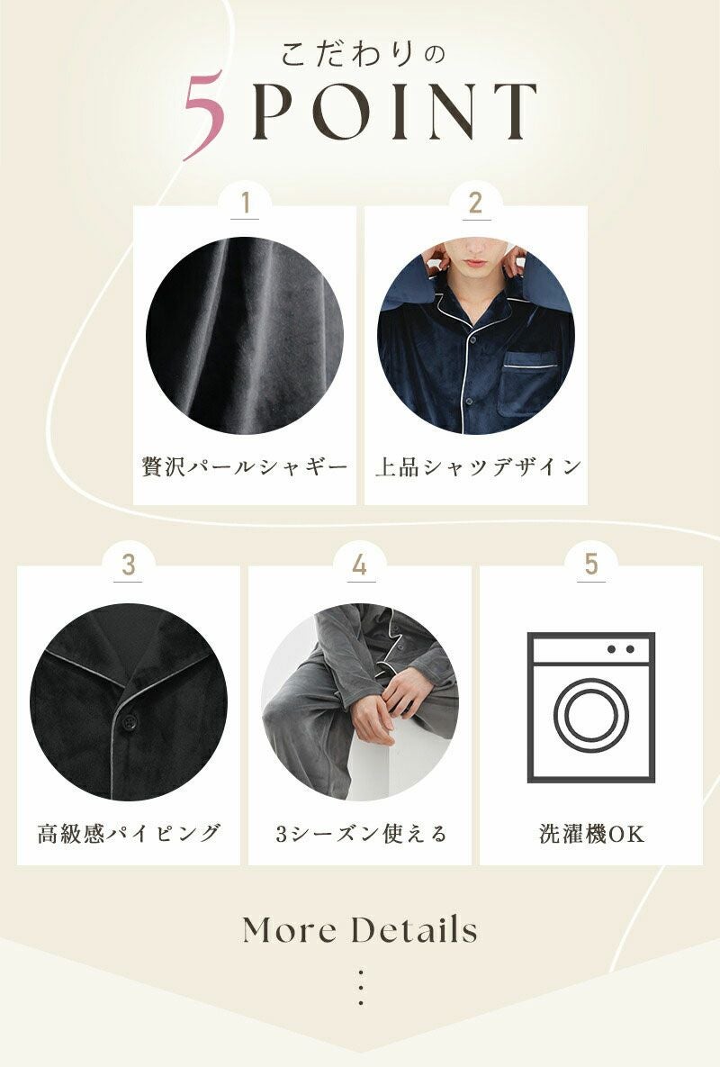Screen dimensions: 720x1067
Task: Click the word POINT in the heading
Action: (395, 112)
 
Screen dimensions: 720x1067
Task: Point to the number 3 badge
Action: (129, 565)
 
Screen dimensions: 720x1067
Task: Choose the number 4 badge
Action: (360, 565)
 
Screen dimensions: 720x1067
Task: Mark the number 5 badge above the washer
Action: (590, 565)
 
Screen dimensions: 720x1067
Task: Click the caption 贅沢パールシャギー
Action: (245, 467)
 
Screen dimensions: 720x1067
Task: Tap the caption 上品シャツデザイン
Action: (478, 467)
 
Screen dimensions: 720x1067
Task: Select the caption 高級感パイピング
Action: (129, 833)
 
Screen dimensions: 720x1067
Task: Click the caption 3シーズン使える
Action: (360, 833)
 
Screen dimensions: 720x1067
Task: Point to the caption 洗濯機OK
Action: (591, 834)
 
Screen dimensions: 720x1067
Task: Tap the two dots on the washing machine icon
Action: (620, 649)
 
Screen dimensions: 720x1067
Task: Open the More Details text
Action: (360, 929)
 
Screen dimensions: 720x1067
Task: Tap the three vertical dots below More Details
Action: (360, 988)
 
